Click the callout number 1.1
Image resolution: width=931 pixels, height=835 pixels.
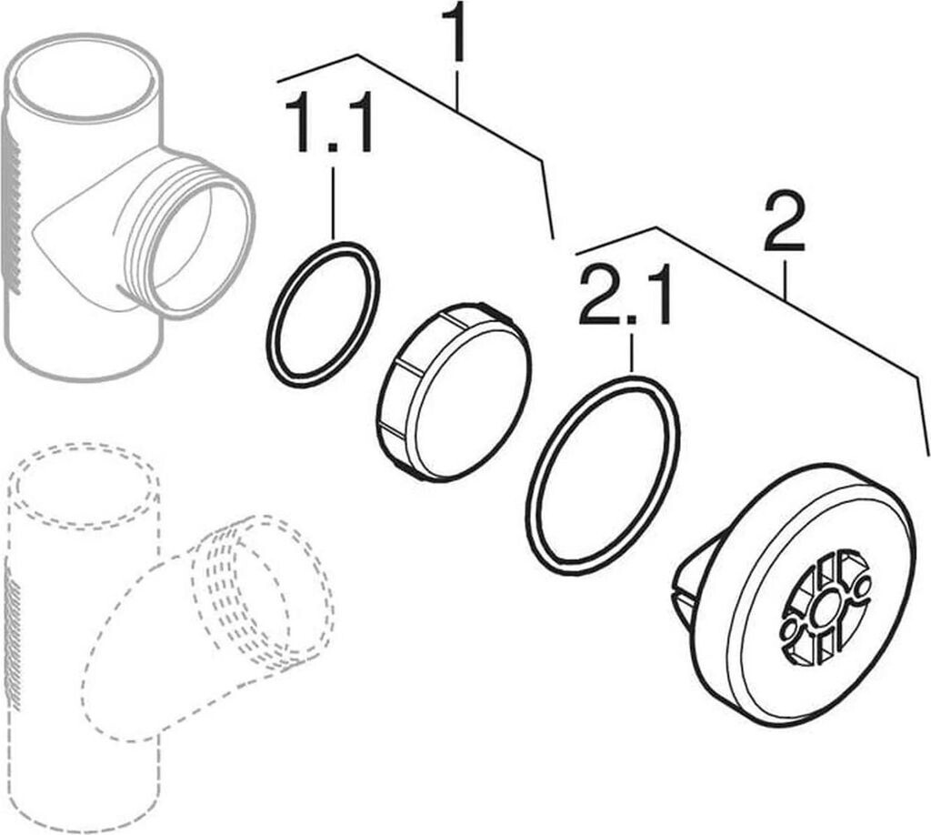[x=329, y=123]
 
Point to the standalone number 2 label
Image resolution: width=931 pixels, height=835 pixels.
[x=785, y=224]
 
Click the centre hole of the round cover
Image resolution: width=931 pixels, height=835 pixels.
[x=823, y=609]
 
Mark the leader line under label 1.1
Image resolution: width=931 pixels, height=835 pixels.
[x=333, y=204]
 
